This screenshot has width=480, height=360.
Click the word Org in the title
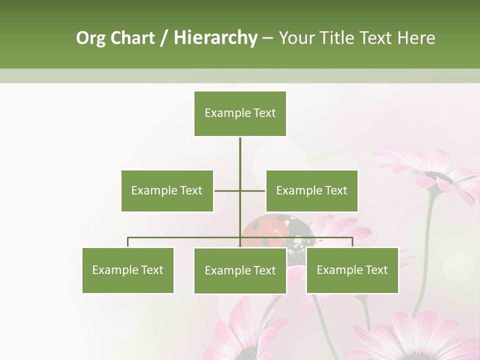91,38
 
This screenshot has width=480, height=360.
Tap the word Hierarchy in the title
215,38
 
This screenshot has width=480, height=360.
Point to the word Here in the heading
416,38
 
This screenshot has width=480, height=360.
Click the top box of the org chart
240,113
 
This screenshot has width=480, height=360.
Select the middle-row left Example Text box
167,190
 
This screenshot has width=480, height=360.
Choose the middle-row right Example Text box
311,190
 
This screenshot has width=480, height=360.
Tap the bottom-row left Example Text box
127,270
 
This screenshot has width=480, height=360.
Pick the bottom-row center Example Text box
240,270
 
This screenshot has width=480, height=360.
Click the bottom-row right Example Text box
352,270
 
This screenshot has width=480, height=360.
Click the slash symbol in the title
164,38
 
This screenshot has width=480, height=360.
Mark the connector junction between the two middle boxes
240,190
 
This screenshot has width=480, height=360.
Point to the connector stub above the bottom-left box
127,242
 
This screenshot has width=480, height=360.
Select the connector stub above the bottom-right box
352,242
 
